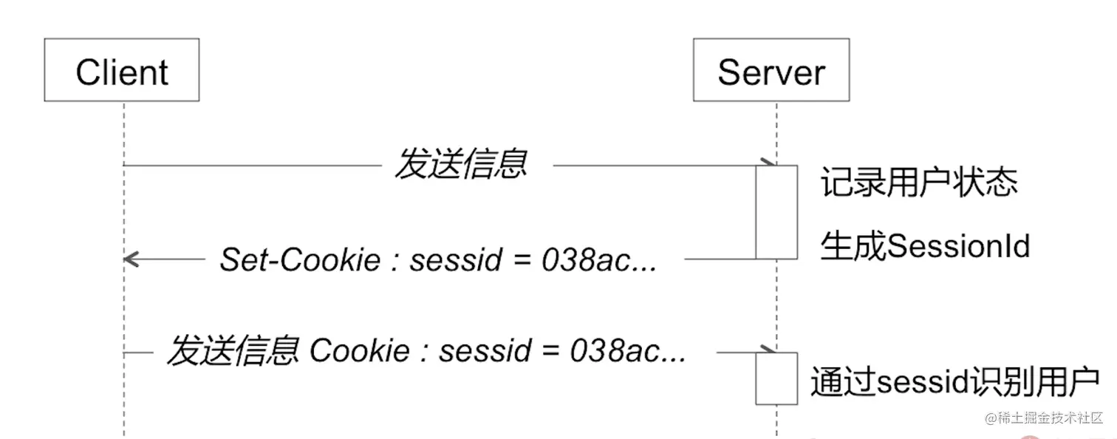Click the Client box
coord(122,70)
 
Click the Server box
coord(771,70)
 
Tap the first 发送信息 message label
coord(461,164)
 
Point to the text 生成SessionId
coord(925,246)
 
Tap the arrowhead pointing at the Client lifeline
coord(131,259)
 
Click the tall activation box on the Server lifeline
coord(776,212)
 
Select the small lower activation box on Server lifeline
coord(776,378)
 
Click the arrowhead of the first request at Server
coord(768,163)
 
